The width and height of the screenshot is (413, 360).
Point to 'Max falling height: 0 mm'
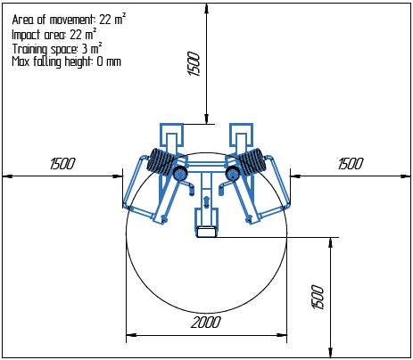[x=66, y=62]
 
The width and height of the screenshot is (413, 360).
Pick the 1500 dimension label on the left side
[x=62, y=164]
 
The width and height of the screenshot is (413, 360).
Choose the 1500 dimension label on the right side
[x=351, y=164]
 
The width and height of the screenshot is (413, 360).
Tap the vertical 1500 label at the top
[x=195, y=63]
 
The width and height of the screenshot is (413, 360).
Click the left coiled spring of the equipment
[x=161, y=162]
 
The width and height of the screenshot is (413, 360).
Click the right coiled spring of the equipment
[x=252, y=162]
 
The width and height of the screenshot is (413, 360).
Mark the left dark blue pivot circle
[x=180, y=174]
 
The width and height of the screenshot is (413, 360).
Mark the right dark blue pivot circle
[x=233, y=174]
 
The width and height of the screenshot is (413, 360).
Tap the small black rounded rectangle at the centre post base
[x=206, y=233]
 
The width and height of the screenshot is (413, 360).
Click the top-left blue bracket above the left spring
[x=169, y=135]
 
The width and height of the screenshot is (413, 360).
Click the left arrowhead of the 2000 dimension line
[x=130, y=336]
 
